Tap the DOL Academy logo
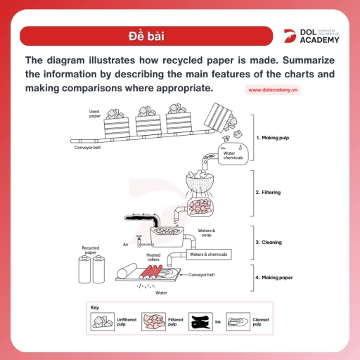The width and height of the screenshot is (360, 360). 309,36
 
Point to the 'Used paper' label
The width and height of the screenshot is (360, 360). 94,114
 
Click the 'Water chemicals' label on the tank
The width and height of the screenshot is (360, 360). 233,155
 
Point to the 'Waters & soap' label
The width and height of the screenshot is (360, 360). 206,233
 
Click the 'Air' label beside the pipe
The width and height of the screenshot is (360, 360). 125,244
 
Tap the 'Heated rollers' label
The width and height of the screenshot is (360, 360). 153,257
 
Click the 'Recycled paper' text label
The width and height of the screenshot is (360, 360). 91,250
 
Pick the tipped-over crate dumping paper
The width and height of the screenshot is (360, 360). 224,116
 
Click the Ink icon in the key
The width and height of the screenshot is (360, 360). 201,322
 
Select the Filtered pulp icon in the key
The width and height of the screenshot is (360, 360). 154,322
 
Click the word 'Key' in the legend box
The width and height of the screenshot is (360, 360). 95,307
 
